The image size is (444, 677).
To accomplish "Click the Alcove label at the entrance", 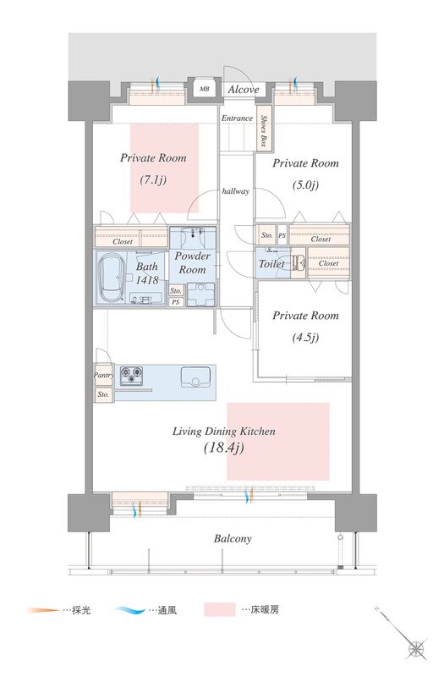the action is tap(244, 90).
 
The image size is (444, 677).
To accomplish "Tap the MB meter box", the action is tap(204, 89).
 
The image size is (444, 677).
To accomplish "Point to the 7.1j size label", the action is tap(153, 180).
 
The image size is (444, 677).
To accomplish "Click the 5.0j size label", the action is tap(305, 185).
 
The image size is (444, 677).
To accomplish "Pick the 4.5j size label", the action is tap(305, 337).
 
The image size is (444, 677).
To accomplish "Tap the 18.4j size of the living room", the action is tap(224, 448).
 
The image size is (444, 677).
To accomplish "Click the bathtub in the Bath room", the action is tap(112, 278).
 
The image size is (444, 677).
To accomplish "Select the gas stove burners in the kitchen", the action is tap(131, 375).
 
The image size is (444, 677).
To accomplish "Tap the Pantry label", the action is tap(103, 375).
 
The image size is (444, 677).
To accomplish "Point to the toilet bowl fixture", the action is tap(299, 261).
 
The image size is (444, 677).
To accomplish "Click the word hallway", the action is tap(236, 191).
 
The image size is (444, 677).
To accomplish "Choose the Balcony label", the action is tap(233, 539).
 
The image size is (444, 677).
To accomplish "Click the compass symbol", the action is tap(417, 648).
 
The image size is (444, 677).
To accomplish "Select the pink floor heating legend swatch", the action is tap(220, 609).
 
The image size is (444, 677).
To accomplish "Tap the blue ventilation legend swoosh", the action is tap(131, 610).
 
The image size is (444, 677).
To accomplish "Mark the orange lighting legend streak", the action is tap(42, 610).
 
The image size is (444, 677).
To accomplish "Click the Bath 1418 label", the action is tap(147, 272).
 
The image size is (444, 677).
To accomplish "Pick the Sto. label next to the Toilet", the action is tap(267, 235).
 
